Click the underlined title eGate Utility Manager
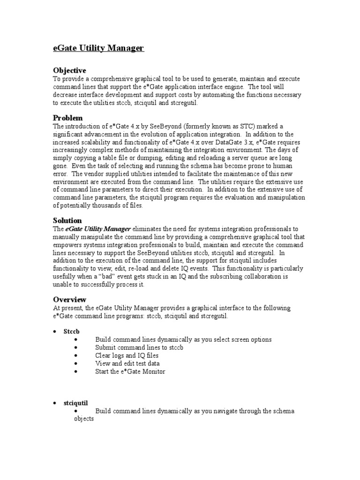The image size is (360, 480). [x=98, y=48]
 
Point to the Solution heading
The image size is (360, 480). [x=67, y=220]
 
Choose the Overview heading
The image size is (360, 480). [x=69, y=300]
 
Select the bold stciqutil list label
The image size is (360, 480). [x=76, y=403]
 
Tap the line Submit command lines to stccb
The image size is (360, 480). [x=139, y=347]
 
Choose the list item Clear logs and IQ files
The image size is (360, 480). [x=127, y=355]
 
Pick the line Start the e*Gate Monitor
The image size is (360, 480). [x=130, y=371]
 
